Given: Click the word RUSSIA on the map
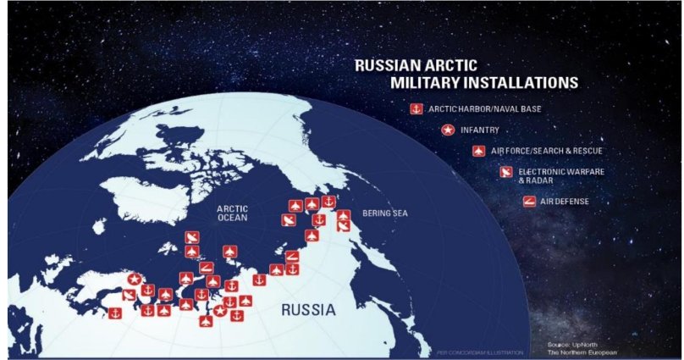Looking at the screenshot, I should [x=308, y=310].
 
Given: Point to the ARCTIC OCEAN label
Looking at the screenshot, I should [x=232, y=212].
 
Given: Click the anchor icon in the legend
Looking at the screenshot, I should [x=416, y=109].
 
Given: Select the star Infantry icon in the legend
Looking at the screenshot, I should [x=447, y=130].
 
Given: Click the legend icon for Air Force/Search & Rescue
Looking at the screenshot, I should [x=478, y=152].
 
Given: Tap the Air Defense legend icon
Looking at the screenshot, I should [x=530, y=201].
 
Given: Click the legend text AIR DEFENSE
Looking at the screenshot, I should [x=565, y=201].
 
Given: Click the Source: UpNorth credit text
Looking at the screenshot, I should [x=571, y=345].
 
